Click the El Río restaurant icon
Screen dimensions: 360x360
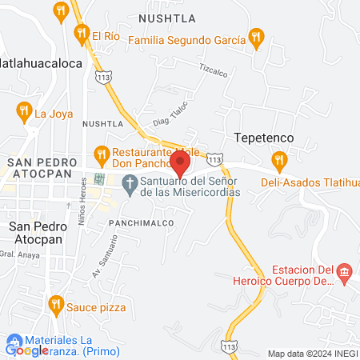81,34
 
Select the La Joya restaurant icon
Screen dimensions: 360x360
24,112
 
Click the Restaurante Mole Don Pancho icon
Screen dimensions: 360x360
102,152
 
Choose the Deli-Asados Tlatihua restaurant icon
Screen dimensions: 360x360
279,161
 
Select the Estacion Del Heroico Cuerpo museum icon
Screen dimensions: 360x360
345,274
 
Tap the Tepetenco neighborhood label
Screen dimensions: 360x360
263,138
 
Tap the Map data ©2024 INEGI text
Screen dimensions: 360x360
312,353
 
